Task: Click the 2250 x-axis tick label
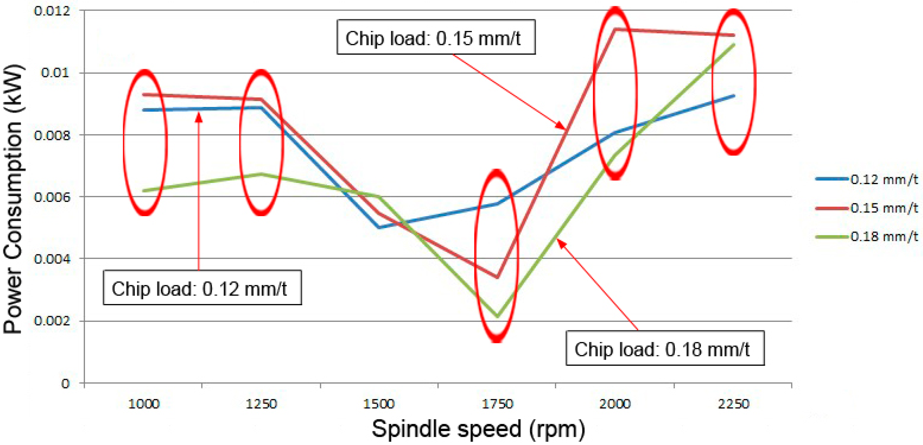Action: click(733, 404)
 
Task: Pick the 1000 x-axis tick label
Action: click(144, 404)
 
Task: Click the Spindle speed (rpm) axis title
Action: click(478, 429)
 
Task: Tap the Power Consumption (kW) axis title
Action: click(14, 199)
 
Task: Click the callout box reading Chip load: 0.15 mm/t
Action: click(436, 37)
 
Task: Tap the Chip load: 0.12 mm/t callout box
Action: click(202, 288)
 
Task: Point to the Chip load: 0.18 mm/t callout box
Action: click(665, 348)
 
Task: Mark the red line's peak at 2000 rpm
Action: click(615, 29)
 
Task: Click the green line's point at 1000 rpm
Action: click(144, 191)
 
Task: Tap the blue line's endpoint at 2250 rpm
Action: click(734, 96)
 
